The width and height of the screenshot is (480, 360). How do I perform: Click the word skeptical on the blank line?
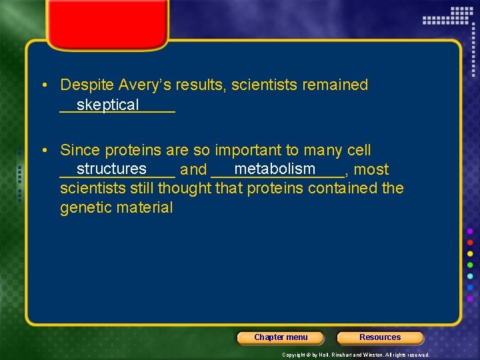pyautogui.click(x=107, y=105)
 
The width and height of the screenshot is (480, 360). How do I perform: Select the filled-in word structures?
pyautogui.click(x=111, y=169)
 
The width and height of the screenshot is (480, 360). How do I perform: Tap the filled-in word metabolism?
pyautogui.click(x=275, y=169)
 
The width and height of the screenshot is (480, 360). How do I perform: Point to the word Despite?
pyautogui.click(x=87, y=85)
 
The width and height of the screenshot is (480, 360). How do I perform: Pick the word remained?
pyautogui.click(x=335, y=85)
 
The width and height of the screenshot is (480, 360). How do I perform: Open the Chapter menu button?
pyautogui.click(x=281, y=337)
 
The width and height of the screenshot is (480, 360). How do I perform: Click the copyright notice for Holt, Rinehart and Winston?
pyautogui.click(x=355, y=355)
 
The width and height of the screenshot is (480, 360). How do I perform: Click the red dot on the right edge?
pyautogui.click(x=470, y=243)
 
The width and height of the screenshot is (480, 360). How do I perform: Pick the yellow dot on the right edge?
pyautogui.click(x=470, y=254)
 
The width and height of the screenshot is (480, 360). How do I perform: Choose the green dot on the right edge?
pyautogui.click(x=470, y=265)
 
